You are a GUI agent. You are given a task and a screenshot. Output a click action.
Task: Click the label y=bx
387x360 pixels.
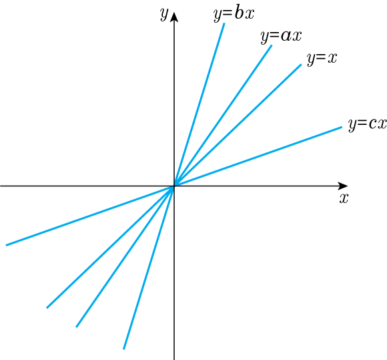click(x=234, y=14)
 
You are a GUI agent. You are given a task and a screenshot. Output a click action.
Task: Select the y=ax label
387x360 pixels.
click(x=281, y=37)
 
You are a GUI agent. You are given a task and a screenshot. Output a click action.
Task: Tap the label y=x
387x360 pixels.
click(x=322, y=59)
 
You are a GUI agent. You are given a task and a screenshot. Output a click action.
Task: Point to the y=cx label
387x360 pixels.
click(x=368, y=124)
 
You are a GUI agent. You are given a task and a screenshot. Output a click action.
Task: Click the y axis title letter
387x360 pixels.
click(x=164, y=13)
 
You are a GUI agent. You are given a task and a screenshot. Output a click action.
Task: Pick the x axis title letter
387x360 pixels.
click(x=344, y=198)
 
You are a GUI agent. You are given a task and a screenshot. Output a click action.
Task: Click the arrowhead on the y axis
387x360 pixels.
click(x=174, y=17)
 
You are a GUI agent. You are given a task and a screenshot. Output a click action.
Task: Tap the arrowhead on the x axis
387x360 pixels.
click(x=342, y=186)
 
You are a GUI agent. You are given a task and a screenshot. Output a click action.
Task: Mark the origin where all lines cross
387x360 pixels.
click(x=174, y=186)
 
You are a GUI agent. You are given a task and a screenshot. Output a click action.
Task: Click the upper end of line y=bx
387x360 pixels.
click(x=224, y=23)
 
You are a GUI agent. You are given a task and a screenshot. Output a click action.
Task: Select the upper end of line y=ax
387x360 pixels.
click(x=272, y=45)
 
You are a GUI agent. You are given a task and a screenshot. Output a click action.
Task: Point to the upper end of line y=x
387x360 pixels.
click(x=301, y=65)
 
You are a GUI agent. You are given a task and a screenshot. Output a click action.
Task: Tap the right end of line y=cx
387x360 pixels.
click(x=342, y=127)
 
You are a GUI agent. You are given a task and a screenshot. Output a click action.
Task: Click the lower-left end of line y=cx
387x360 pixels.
click(x=6, y=245)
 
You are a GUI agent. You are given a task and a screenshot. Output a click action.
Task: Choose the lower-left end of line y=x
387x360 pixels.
click(x=47, y=308)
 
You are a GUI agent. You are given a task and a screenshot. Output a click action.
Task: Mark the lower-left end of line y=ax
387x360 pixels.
click(x=76, y=327)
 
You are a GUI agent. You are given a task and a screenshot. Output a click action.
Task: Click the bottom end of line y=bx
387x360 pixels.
click(x=123, y=349)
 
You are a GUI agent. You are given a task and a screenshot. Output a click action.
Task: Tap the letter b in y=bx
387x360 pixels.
click(x=238, y=13)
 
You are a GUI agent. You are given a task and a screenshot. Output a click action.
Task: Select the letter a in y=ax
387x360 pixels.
click(x=286, y=36)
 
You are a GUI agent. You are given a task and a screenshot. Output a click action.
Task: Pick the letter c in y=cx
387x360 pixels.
click(x=372, y=124)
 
